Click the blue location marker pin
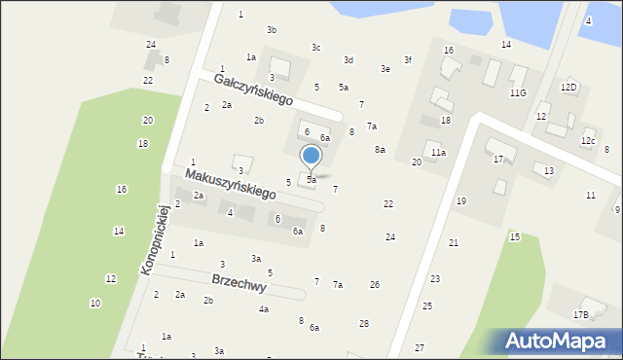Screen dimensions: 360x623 311,156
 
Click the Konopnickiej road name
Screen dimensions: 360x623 155,238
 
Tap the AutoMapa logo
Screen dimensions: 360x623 561,340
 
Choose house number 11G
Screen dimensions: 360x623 518,92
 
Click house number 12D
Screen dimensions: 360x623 568,87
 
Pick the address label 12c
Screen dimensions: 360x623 588,141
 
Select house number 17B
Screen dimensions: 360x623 580,314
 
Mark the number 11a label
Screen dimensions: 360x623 439,153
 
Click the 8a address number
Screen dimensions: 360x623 380,149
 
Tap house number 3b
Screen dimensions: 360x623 272,30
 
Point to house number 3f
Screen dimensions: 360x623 408,59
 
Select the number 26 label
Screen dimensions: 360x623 375,284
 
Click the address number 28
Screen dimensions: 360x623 364,323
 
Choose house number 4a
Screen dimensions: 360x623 263,309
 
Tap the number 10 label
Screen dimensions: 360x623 94,304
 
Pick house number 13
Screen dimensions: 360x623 549,170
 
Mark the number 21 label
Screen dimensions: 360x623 454,242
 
